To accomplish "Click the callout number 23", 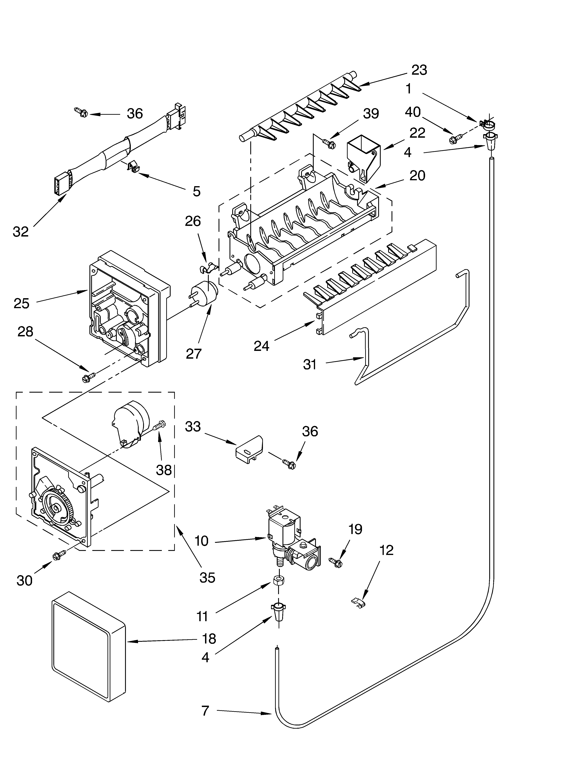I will click(x=419, y=70).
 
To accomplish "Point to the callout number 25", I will click(x=21, y=303).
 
